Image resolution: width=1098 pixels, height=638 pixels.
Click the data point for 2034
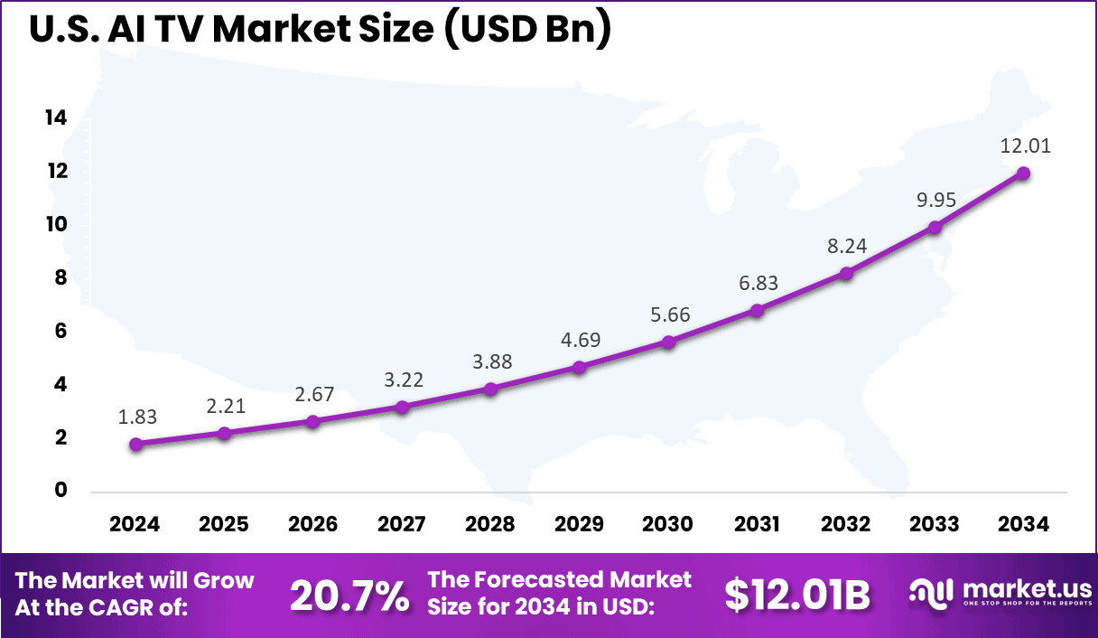point(1023,174)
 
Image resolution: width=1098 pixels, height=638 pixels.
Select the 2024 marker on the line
point(135,444)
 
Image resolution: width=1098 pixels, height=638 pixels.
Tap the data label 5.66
point(668,314)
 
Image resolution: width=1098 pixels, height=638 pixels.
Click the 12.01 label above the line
point(1025,145)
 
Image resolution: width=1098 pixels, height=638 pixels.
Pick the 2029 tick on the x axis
point(579,524)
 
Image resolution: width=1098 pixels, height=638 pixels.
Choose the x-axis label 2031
point(757,524)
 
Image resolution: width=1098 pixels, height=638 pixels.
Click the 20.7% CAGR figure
point(349,595)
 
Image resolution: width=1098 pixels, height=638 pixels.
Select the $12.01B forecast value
point(797,595)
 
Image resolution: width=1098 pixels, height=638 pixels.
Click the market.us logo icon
point(931,594)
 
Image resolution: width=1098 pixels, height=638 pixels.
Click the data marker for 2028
point(490,389)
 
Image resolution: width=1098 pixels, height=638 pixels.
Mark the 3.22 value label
point(402,380)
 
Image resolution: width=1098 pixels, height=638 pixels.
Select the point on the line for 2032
point(846,273)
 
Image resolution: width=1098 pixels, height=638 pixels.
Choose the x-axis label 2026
point(312,524)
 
